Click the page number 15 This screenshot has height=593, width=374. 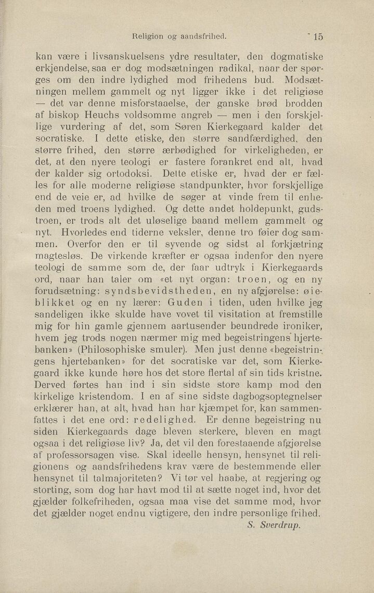[318, 37]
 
